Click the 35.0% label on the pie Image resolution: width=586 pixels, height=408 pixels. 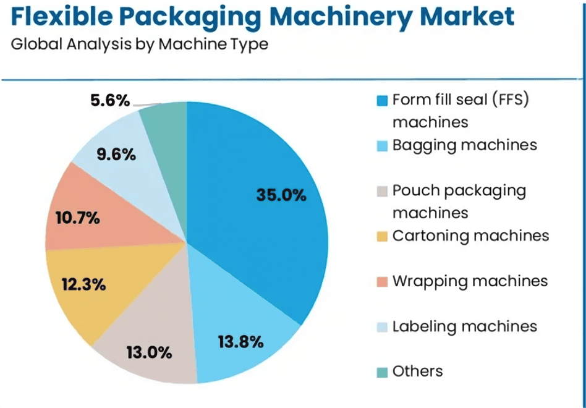click(281, 195)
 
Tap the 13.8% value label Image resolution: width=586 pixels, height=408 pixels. click(241, 341)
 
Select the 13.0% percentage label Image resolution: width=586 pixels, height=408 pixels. click(149, 353)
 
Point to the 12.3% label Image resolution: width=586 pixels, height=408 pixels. click(83, 285)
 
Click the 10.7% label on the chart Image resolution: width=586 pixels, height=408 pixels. click(77, 218)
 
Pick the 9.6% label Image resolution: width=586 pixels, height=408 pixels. click(116, 155)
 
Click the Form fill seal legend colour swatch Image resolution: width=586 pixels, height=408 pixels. click(382, 100)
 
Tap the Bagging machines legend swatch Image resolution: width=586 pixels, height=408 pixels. click(382, 146)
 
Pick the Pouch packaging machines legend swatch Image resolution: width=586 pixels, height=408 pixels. click(382, 191)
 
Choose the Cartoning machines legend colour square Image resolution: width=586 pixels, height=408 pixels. click(382, 236)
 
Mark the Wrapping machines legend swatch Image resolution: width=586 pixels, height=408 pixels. click(382, 282)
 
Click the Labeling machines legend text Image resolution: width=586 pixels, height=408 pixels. click(464, 326)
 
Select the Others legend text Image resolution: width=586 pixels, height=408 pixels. click(417, 371)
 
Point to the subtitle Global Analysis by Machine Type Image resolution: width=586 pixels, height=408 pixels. click(140, 45)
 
